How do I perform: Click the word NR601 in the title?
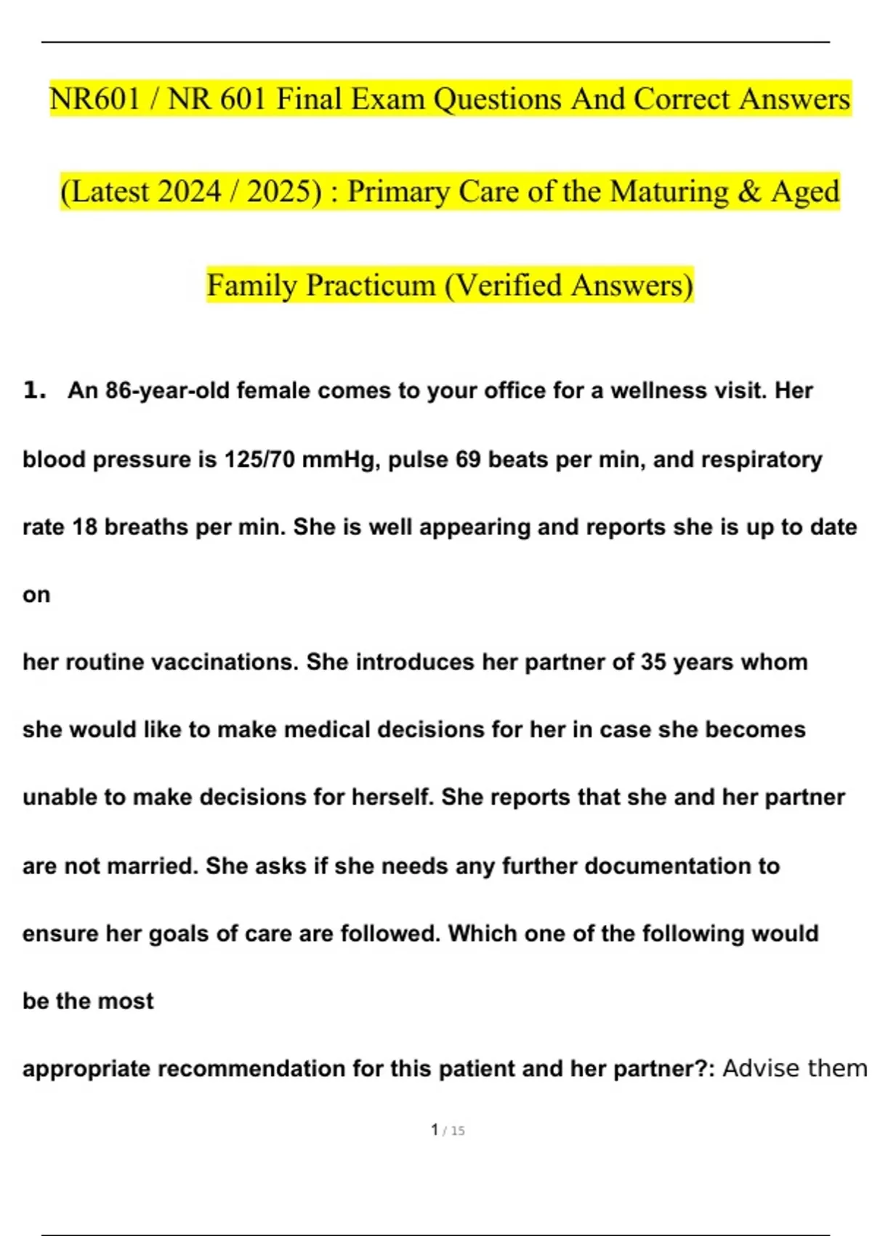pyautogui.click(x=94, y=99)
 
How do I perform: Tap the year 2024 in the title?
pyautogui.click(x=188, y=192)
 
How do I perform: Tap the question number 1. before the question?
pyautogui.click(x=34, y=390)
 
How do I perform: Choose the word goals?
pyautogui.click(x=179, y=934)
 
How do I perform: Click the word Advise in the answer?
pyautogui.click(x=759, y=1068)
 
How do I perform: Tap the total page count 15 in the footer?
pyautogui.click(x=457, y=1131)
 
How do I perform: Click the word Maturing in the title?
pyautogui.click(x=669, y=192)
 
